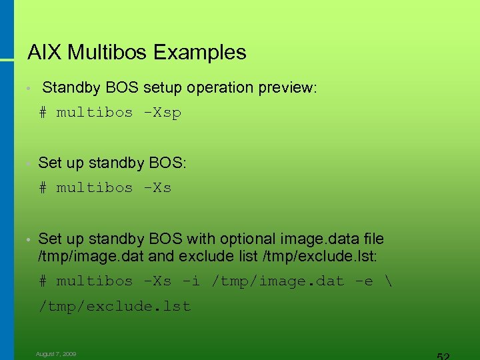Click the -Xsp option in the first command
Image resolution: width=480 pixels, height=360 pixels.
[162, 113]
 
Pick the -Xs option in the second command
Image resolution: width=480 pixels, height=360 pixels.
[157, 188]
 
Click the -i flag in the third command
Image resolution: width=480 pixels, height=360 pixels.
[191, 281]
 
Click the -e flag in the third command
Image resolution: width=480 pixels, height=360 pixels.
[364, 281]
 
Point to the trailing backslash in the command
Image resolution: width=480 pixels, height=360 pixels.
[389, 281]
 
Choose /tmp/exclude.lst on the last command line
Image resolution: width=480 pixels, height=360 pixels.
[115, 307]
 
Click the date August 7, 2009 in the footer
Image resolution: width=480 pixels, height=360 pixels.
[56, 354]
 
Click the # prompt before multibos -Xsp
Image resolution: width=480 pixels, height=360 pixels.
[43, 113]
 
